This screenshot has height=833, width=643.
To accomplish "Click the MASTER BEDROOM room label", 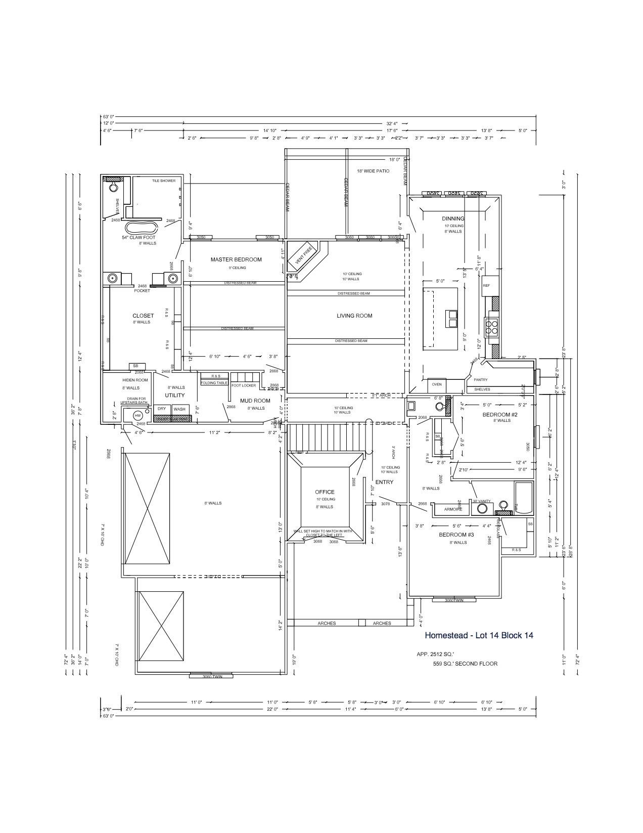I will tap(236, 259).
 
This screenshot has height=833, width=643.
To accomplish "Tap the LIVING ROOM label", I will tap(354, 316).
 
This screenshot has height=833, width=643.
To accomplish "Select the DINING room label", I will tap(453, 218).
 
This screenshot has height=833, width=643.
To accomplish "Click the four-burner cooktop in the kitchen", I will tap(492, 327).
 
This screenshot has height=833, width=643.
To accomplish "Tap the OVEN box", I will tap(437, 384).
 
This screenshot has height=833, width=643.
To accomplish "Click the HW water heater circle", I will tap(137, 416).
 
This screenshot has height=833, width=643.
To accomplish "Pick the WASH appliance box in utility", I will tap(179, 409).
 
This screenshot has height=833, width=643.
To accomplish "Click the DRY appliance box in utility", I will tap(162, 409).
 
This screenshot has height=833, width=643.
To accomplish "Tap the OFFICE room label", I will tap(325, 492).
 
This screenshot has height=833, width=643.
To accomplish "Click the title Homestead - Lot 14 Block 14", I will tap(479, 635).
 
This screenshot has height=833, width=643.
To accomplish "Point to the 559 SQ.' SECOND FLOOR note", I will tap(465, 664).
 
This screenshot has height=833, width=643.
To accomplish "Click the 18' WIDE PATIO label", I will tap(373, 171).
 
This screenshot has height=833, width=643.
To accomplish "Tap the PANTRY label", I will tap(481, 380).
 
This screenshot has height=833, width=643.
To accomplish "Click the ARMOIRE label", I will tap(453, 509).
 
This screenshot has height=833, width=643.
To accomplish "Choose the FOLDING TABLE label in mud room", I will tap(214, 383).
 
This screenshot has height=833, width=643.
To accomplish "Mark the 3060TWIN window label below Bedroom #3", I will tap(454, 600).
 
